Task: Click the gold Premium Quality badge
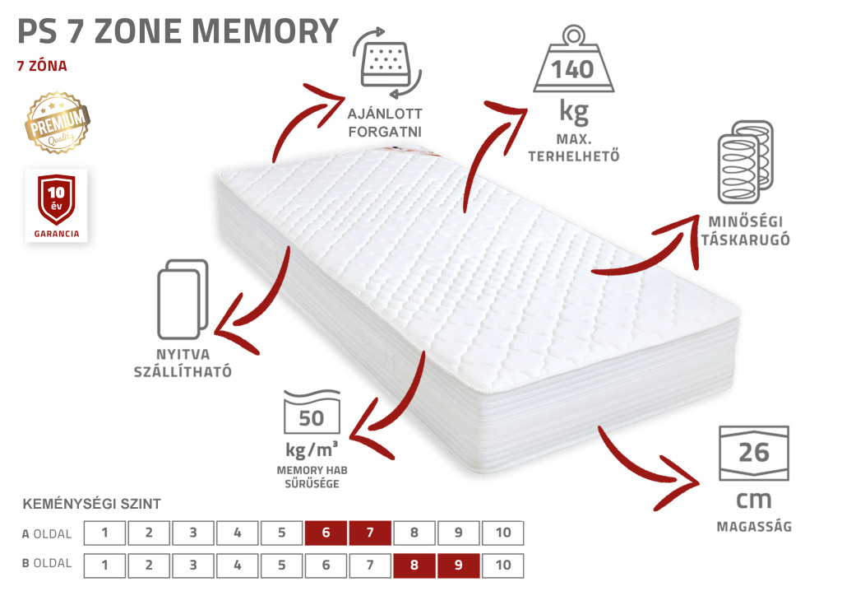coord(58,123)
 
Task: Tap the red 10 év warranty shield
coord(57,199)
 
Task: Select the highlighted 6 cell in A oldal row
coord(326,533)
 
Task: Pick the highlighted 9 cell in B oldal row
coord(458,566)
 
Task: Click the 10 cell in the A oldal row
coord(502,533)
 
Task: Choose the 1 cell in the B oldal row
coord(104,566)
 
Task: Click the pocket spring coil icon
coord(746,161)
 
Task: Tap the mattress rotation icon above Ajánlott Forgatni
coord(386,63)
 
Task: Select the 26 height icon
coord(754,453)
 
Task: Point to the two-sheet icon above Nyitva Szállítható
coord(183,299)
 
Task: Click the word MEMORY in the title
coord(266,31)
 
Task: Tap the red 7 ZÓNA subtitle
coord(42,66)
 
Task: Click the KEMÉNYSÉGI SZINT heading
coord(92,504)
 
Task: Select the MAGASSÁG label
coord(754,527)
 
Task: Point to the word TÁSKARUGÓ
coord(745,240)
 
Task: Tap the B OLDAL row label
coord(47,563)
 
